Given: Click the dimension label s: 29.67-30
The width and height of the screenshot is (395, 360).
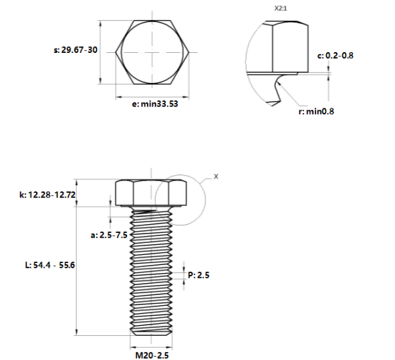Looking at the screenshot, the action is pos(76,50).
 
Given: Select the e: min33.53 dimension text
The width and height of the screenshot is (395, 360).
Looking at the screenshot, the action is pos(155,104).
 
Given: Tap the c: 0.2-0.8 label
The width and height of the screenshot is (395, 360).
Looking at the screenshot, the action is pos(336,56).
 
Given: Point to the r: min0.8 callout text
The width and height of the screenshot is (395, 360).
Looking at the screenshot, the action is pos(316,111).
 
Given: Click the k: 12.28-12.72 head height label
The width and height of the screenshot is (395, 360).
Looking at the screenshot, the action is pos(47,195).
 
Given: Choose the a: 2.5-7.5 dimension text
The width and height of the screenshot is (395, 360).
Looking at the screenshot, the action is pos(109,235).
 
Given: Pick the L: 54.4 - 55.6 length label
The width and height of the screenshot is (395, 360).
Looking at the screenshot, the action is pos(50,265).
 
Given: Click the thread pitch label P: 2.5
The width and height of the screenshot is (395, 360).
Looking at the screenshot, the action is pos(199,275).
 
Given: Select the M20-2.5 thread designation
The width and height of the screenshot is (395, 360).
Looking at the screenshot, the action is pos(152,355).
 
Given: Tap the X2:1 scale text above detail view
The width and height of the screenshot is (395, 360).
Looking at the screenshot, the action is pos(281,9).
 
